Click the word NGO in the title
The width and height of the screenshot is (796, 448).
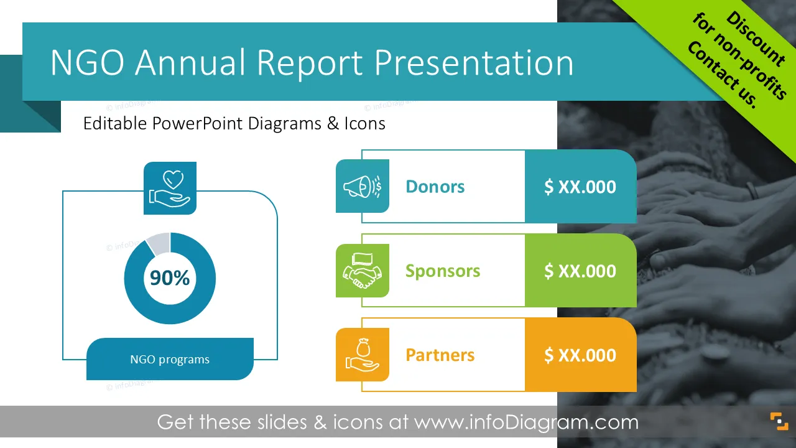pos(88,62)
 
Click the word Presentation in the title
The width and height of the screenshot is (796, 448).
pos(474,63)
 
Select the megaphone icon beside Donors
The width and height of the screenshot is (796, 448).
pos(362,186)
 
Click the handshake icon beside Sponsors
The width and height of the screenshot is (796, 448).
pos(362,271)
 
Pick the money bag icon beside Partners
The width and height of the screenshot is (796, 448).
pos(362,355)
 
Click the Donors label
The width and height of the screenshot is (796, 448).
pos(435,187)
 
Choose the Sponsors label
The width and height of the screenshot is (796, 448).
pos(443,271)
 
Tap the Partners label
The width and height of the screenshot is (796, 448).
pos(440,355)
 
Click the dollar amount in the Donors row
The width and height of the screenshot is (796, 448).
pos(580,187)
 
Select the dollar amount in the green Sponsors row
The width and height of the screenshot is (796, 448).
pos(580,271)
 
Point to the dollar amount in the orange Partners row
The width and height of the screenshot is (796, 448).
pos(580,355)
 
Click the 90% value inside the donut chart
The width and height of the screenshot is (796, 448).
pos(170,278)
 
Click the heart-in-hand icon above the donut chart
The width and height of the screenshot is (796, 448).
pos(170,188)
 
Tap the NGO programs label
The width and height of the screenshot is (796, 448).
pos(170,360)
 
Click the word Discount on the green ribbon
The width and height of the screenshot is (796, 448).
pos(756,39)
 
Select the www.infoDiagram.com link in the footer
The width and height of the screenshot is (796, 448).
pos(526,422)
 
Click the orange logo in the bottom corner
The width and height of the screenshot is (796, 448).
pos(779,421)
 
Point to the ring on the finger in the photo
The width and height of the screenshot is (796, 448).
pos(752,191)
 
